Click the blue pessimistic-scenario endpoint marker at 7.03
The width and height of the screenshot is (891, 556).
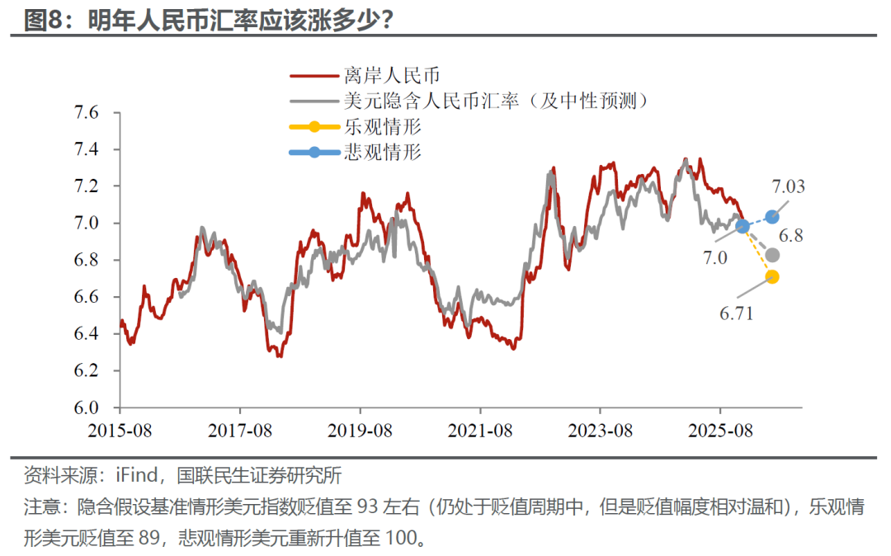point(772,217)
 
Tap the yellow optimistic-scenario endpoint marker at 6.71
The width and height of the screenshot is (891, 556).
point(772,276)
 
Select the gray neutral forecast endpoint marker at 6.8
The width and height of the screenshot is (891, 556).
point(772,255)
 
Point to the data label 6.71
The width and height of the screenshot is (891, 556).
point(738,314)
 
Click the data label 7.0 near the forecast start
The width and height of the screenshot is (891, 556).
point(715,258)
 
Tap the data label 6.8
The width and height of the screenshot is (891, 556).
point(791,236)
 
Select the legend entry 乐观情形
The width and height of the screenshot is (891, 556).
point(382,127)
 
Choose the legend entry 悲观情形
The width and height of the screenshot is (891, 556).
point(382,153)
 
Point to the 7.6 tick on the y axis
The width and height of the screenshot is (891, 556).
point(87,113)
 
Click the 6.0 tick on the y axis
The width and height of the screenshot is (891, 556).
point(87,408)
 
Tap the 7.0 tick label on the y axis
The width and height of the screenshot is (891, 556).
point(87,224)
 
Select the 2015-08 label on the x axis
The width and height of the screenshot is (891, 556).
point(120,431)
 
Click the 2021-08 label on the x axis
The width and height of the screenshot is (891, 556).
point(480,431)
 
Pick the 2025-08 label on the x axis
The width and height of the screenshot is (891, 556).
point(720,431)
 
